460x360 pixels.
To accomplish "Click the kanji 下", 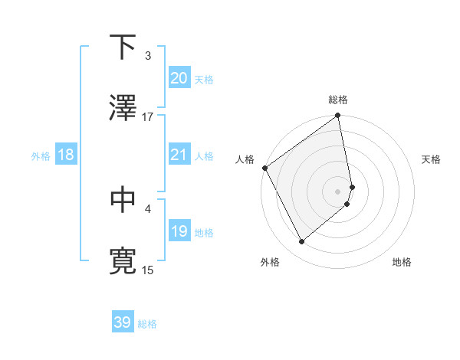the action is click(123, 48).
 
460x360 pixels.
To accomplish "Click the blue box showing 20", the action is click(179, 77).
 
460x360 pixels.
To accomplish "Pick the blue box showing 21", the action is click(179, 155).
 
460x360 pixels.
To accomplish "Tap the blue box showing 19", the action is click(179, 231).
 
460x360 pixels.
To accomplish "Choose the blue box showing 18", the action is click(66, 155).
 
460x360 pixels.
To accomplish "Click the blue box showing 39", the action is click(122, 322).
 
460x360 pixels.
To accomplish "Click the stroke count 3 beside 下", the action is click(148, 56).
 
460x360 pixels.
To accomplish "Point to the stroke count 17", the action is click(148, 116).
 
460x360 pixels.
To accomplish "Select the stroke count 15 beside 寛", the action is click(148, 270).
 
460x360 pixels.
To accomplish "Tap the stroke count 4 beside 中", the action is click(148, 208).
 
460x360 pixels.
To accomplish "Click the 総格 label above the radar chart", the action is click(338, 100).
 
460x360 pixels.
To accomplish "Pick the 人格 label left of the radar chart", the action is click(245, 159).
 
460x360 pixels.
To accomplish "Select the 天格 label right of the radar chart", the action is click(431, 159).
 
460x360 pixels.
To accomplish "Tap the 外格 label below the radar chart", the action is click(270, 262).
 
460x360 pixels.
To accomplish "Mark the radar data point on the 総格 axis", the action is click(338, 116).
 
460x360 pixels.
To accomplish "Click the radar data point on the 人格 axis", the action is click(265, 168).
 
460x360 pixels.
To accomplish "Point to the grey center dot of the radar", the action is click(338, 191).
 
